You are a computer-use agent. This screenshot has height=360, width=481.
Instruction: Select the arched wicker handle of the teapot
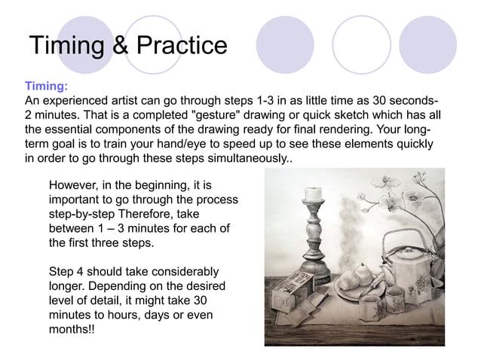click(x=407, y=241)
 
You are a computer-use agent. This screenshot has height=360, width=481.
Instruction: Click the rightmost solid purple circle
click(x=427, y=45)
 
